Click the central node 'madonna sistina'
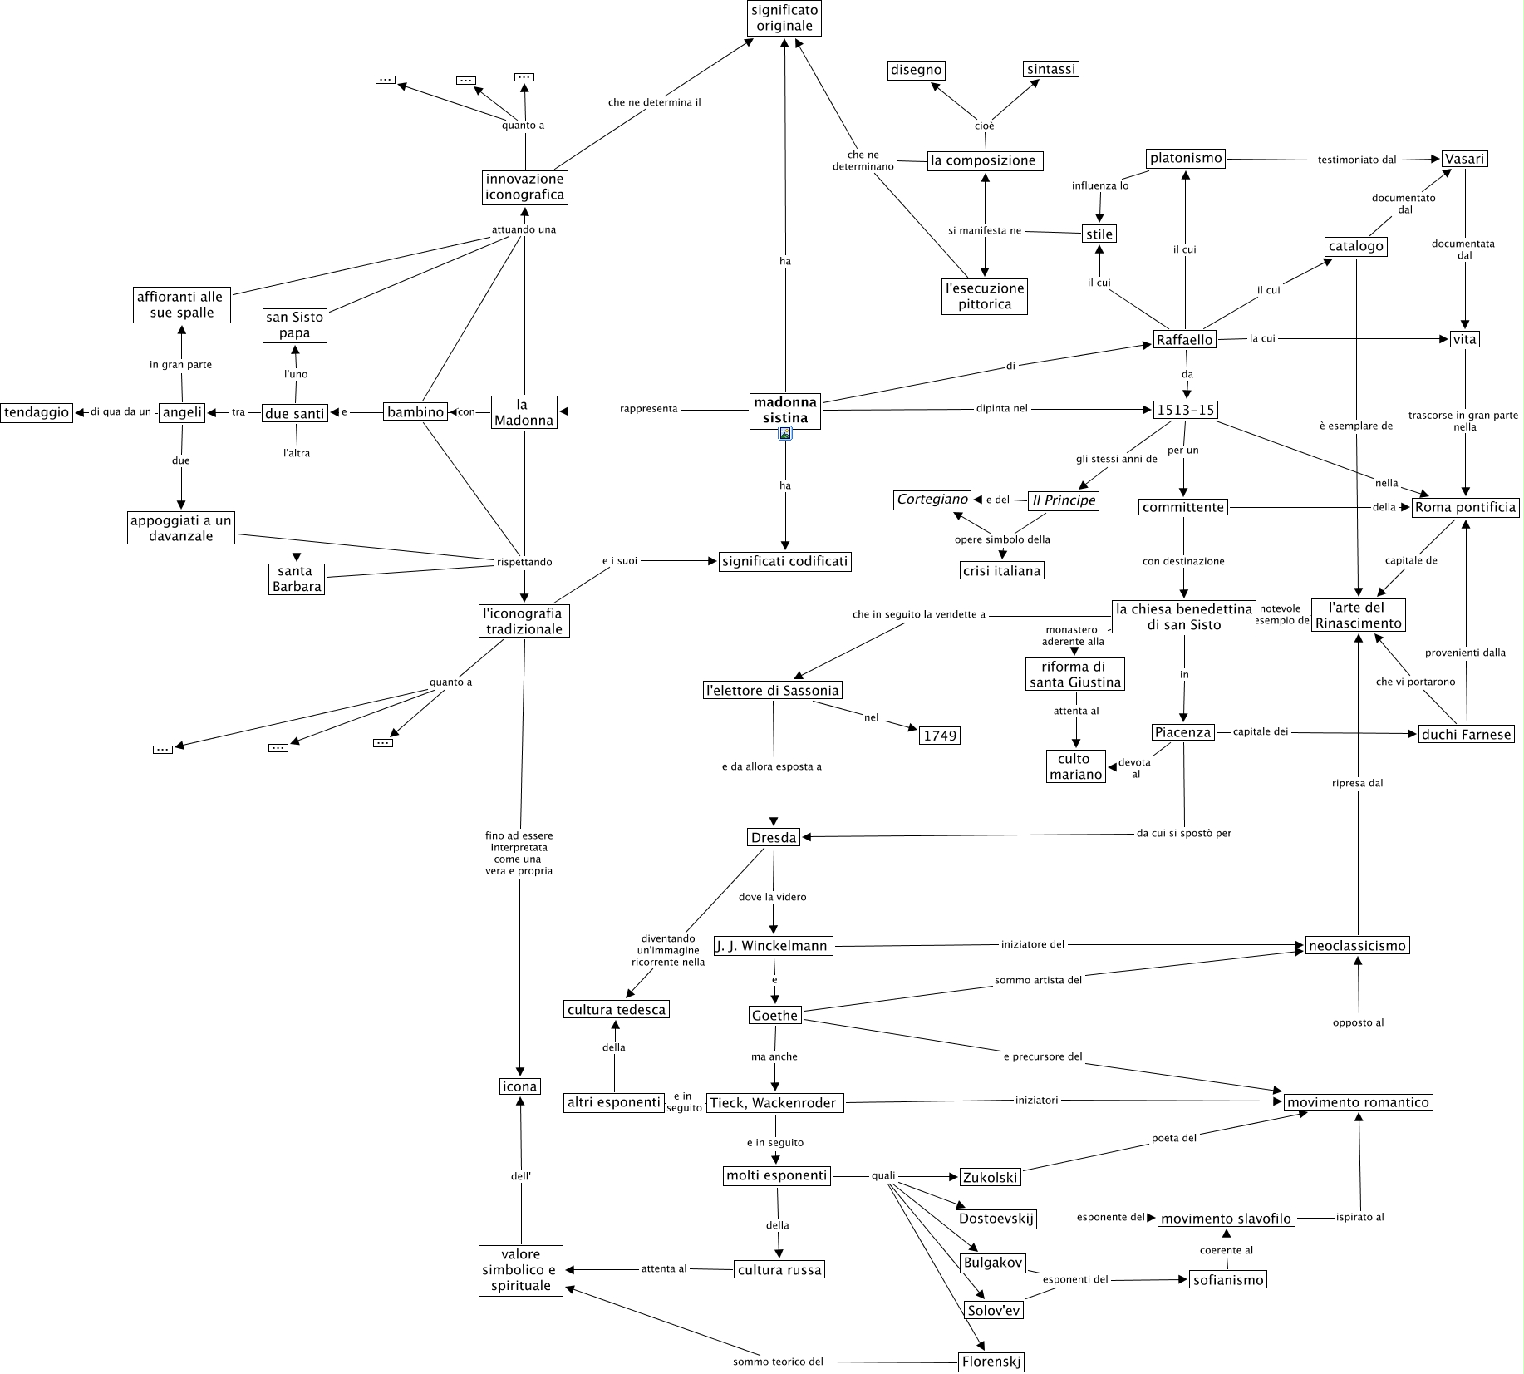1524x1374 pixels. (784, 410)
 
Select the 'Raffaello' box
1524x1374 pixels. (1184, 339)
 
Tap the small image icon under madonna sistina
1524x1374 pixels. (785, 433)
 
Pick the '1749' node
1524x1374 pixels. (940, 735)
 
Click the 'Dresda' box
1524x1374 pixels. (774, 837)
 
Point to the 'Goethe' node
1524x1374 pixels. (774, 1015)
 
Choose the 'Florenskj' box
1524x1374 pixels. (991, 1362)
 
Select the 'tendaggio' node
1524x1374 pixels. (36, 412)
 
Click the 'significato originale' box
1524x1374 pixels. (784, 18)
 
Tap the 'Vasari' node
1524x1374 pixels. (1464, 158)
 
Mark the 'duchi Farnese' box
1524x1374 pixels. (1466, 734)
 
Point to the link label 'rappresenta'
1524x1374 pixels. (648, 409)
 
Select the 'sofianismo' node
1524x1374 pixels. (1227, 1280)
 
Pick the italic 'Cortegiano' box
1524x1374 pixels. (932, 500)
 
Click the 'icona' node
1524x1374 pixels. (519, 1086)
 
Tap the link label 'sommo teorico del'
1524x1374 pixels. (778, 1362)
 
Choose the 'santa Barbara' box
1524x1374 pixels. (296, 579)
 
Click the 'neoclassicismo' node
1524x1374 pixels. (1357, 945)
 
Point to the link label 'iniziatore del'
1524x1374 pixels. (1033, 944)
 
